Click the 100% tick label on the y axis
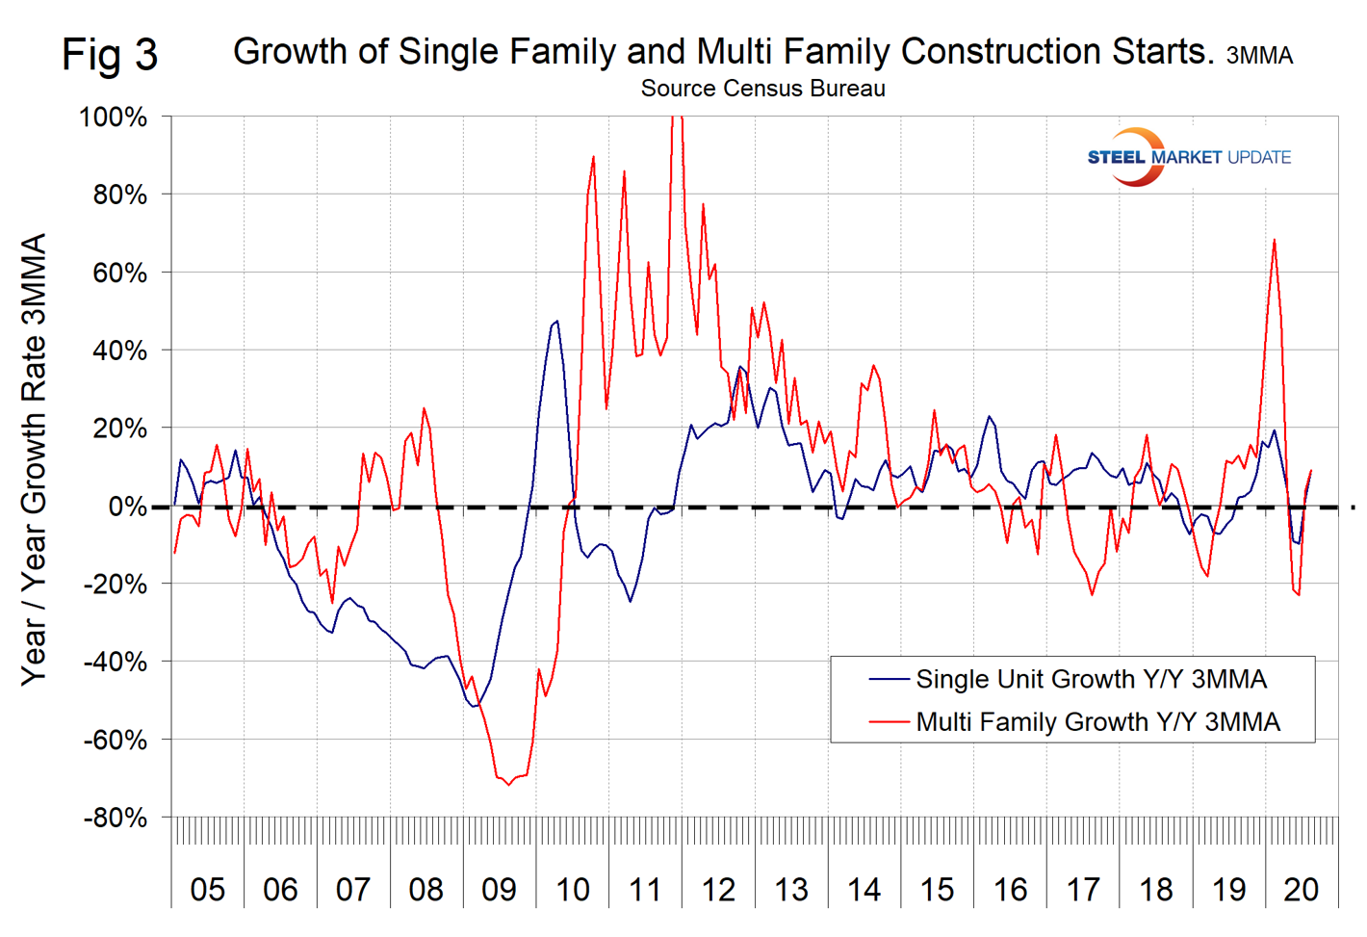tap(113, 117)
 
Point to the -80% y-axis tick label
tap(115, 819)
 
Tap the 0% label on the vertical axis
tap(127, 507)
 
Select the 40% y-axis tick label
tap(120, 351)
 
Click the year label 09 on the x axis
tap(499, 890)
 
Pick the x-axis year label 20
tap(1301, 890)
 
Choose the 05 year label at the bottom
tap(207, 890)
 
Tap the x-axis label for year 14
tap(864, 890)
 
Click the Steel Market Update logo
tap(1188, 157)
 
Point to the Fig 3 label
tap(110, 55)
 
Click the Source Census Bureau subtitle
tap(762, 89)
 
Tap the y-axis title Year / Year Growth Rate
tap(34, 459)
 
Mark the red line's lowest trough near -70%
tap(508, 784)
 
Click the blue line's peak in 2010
tap(556, 322)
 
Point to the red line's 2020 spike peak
tap(1274, 240)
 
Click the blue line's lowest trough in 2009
tap(474, 707)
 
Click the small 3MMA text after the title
tap(1259, 56)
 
